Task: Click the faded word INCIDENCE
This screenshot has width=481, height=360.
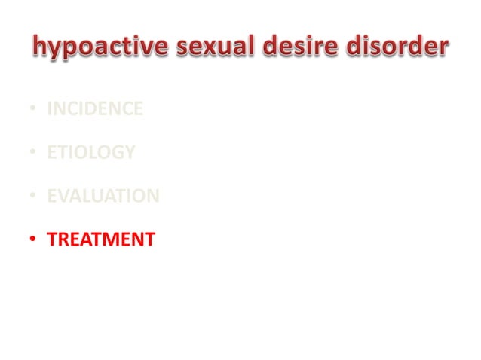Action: (x=94, y=109)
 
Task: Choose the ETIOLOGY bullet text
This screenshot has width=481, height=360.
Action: (x=90, y=153)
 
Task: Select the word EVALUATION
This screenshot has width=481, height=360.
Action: (x=103, y=197)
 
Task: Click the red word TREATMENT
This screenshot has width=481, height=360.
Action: (x=100, y=240)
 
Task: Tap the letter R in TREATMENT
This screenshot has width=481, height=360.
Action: (x=63, y=240)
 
